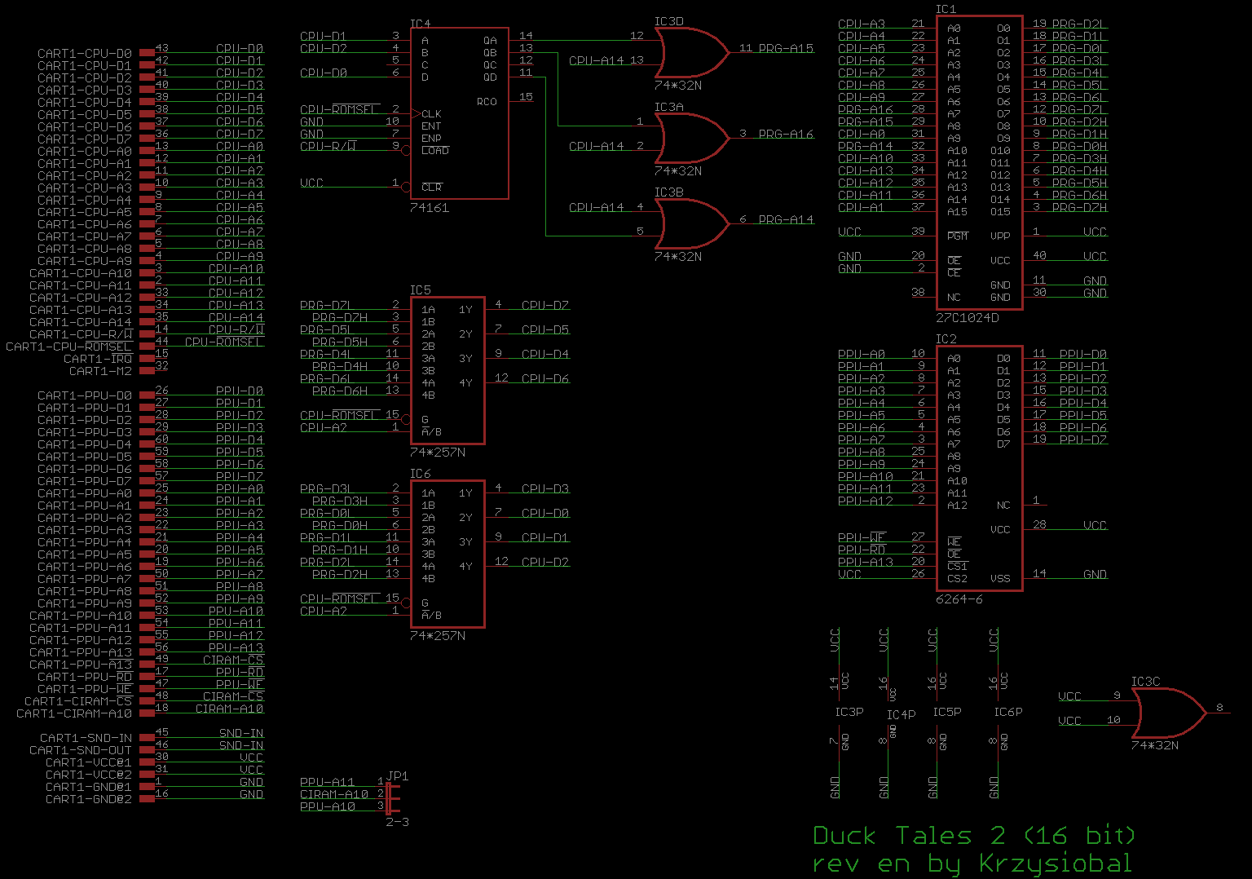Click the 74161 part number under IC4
[x=430, y=208]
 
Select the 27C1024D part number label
[x=967, y=318]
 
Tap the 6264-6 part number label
[x=959, y=599]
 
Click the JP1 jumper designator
[x=398, y=776]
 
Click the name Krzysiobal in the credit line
[x=1055, y=864]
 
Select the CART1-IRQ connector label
[x=98, y=359]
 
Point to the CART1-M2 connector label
[x=100, y=371]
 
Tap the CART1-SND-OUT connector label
[x=81, y=750]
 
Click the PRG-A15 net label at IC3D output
[x=786, y=48]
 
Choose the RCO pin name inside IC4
[x=487, y=102]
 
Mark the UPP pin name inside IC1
[x=1000, y=236]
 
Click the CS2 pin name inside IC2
[x=957, y=579]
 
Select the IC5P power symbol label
[x=947, y=712]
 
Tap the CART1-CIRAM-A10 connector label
[x=74, y=713]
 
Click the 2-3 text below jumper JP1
[x=397, y=822]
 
